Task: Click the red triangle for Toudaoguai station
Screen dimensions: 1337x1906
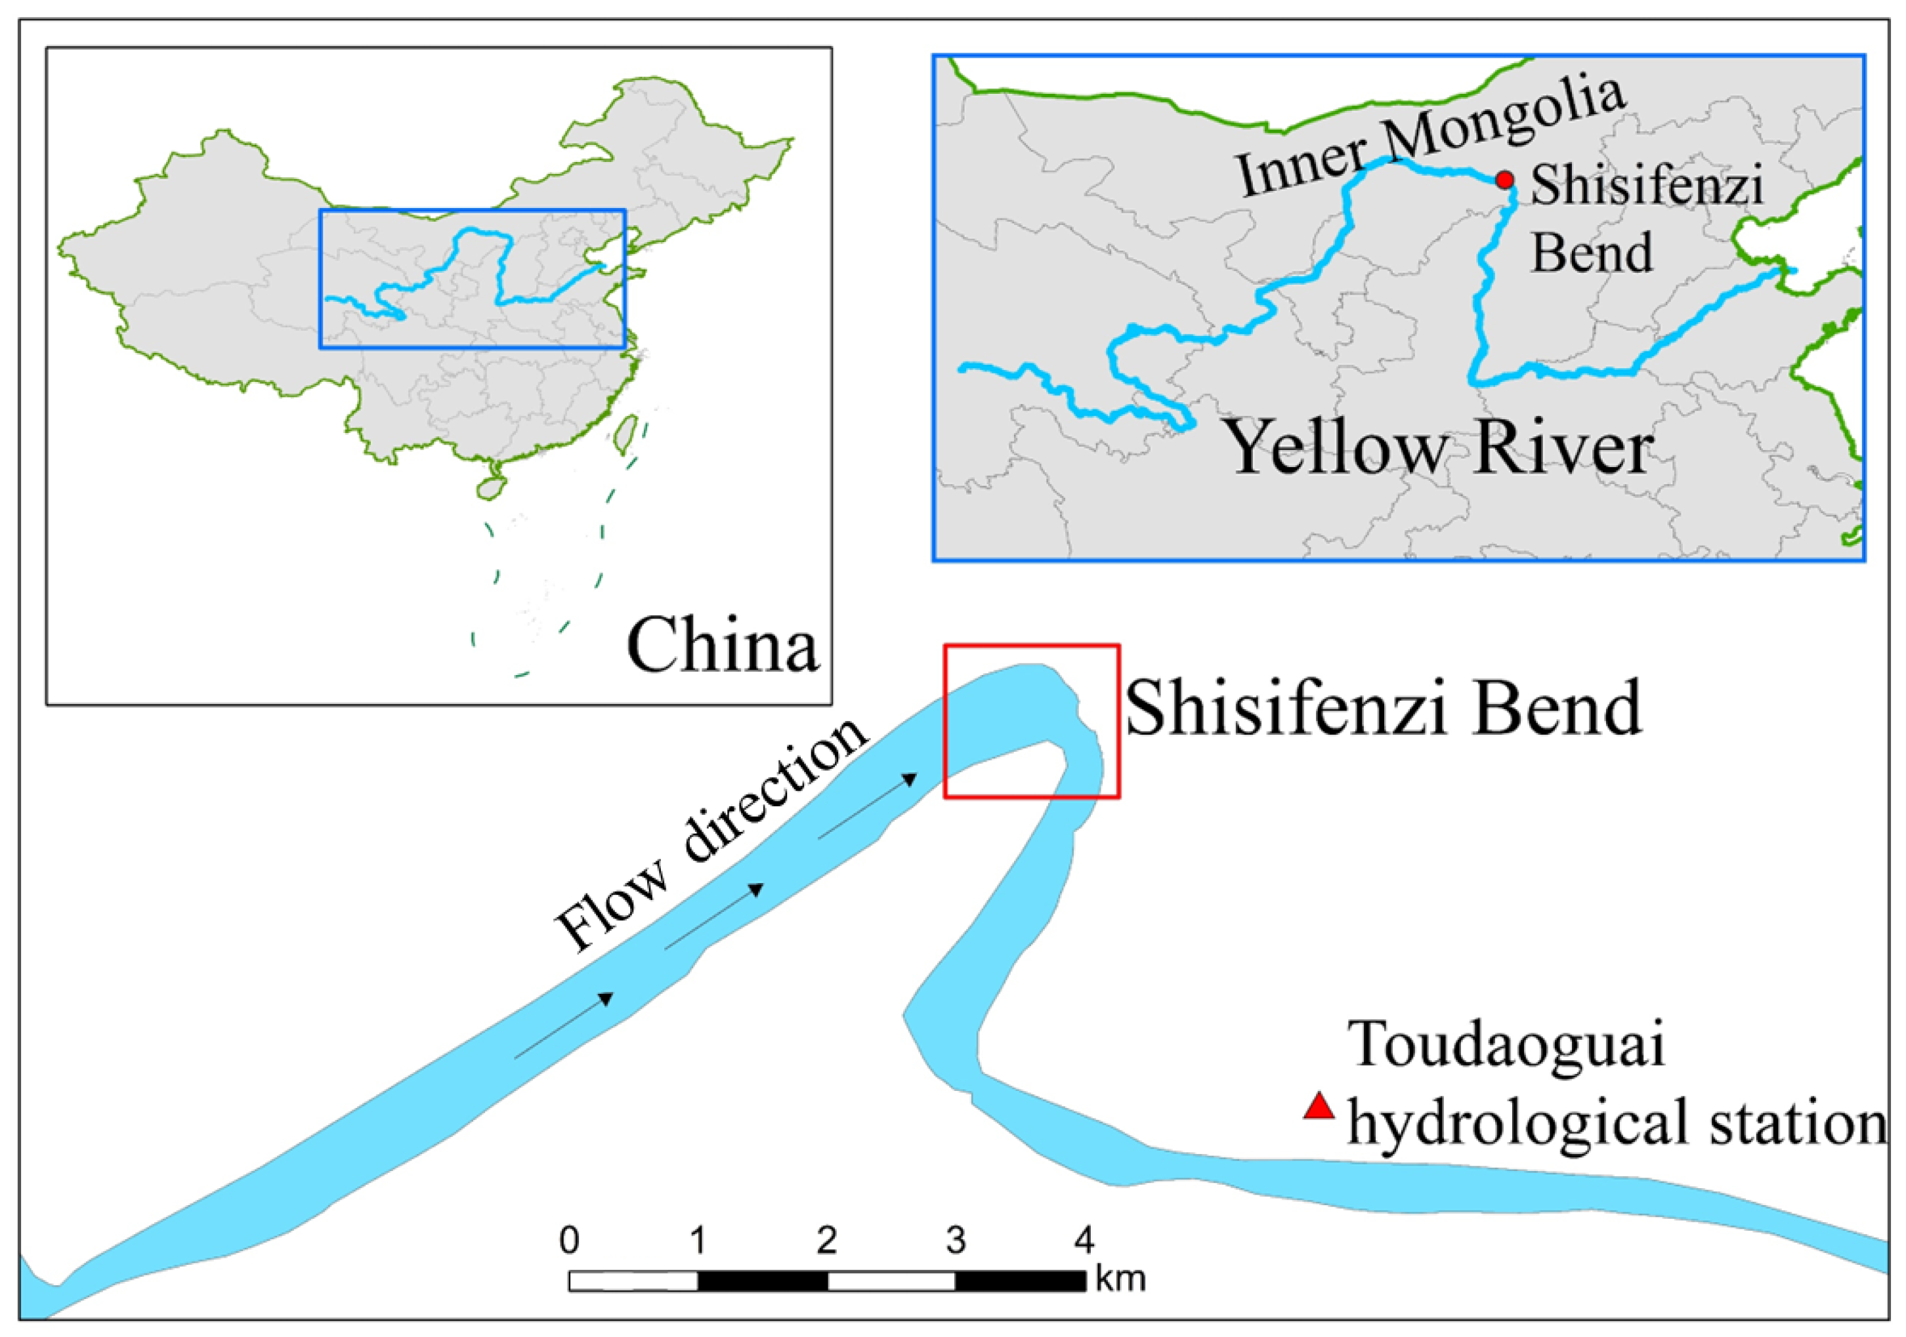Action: [x=1319, y=1107]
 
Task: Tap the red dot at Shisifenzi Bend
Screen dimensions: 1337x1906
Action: [x=1504, y=179]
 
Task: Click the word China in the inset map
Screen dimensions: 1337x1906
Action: [x=721, y=646]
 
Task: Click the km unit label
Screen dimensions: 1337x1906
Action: [x=1120, y=1279]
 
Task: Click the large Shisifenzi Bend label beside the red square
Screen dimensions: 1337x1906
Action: [x=1383, y=708]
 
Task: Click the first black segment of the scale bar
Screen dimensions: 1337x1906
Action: [x=762, y=1281]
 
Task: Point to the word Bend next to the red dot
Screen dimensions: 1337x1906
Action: [x=1592, y=253]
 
